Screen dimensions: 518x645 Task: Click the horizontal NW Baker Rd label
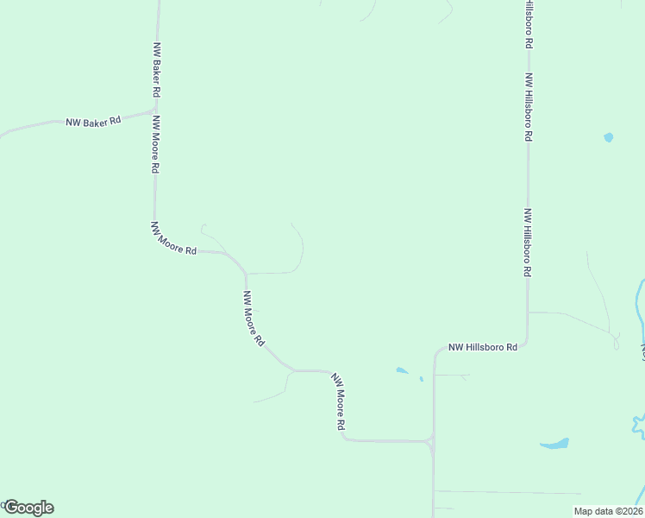click(x=93, y=122)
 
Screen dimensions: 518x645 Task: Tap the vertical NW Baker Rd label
click(x=157, y=69)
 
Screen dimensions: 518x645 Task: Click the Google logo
click(x=28, y=508)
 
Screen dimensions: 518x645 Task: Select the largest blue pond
click(x=554, y=444)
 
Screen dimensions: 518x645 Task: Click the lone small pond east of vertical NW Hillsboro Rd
click(x=609, y=137)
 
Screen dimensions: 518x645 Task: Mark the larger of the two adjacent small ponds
click(x=402, y=371)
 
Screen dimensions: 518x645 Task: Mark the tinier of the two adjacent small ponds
click(x=422, y=378)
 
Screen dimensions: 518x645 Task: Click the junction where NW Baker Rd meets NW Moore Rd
click(x=155, y=111)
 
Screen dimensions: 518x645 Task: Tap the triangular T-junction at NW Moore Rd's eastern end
click(x=431, y=444)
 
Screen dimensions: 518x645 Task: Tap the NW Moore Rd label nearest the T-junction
click(x=339, y=403)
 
